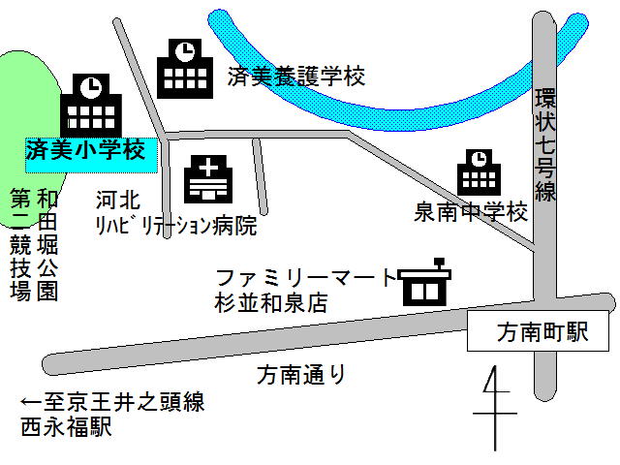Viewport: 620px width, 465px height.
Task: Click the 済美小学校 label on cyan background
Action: pyautogui.click(x=85, y=151)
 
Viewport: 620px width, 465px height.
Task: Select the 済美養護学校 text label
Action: pyautogui.click(x=296, y=77)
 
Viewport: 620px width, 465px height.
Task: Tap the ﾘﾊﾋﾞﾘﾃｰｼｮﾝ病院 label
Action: pyautogui.click(x=175, y=226)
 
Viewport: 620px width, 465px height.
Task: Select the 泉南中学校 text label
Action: pyautogui.click(x=471, y=212)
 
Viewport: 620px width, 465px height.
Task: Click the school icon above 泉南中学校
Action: pyautogui.click(x=479, y=172)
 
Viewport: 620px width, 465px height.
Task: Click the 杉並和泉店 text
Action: pyautogui.click(x=271, y=302)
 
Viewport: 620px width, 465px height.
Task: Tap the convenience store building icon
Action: pyautogui.click(x=424, y=283)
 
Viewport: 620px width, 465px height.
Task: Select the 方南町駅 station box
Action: pyautogui.click(x=541, y=333)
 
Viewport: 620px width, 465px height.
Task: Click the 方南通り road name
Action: pyautogui.click(x=301, y=373)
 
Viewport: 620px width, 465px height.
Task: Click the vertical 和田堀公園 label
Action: pyautogui.click(x=46, y=244)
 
